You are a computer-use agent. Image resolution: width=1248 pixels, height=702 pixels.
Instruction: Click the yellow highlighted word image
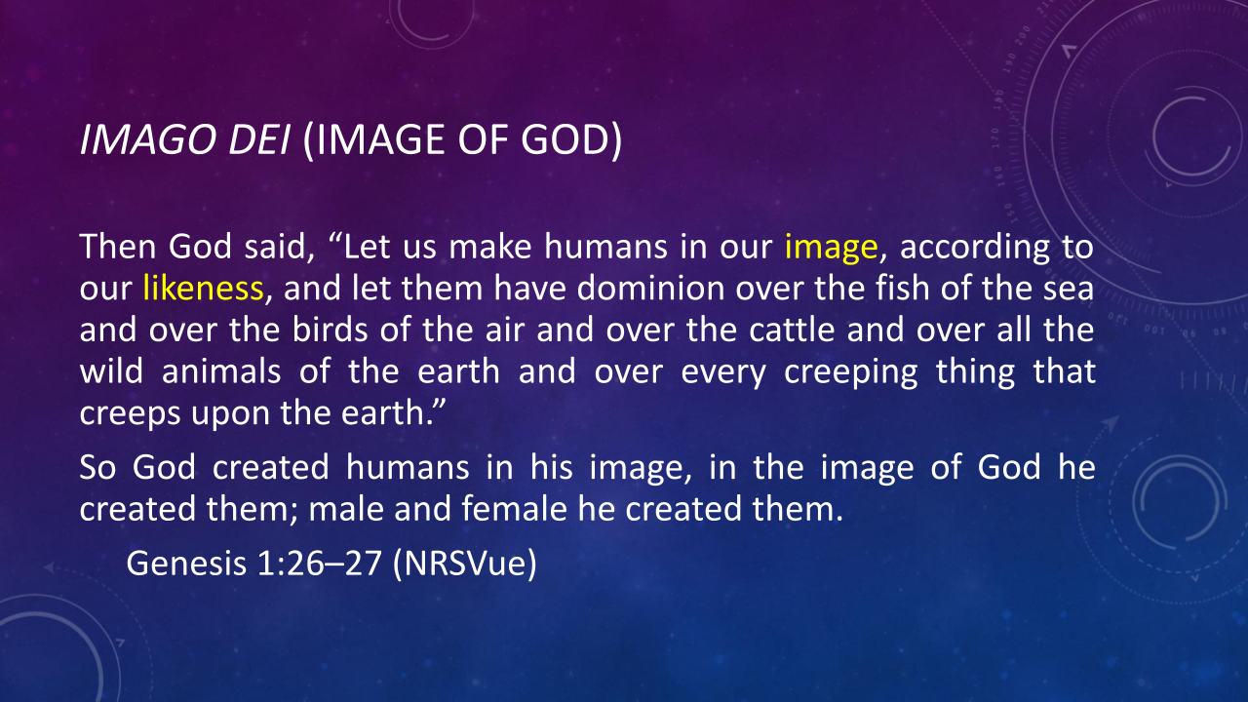pos(832,248)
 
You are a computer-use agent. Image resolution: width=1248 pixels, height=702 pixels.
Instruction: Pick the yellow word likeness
pos(203,288)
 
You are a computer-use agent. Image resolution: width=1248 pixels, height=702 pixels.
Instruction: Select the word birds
pos(330,330)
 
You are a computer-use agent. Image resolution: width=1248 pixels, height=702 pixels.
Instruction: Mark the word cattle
pos(792,330)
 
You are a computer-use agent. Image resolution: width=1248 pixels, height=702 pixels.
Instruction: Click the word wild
pos(111,371)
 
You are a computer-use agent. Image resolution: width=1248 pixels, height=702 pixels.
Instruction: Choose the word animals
pos(221,371)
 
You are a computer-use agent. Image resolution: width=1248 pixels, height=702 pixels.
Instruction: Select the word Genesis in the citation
pos(186,564)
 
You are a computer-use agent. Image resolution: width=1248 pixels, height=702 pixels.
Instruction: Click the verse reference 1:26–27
pos(320,564)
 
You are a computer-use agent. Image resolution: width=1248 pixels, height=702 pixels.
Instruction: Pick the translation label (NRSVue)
pos(465,564)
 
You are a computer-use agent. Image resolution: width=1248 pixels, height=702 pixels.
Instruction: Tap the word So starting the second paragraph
pos(98,467)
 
